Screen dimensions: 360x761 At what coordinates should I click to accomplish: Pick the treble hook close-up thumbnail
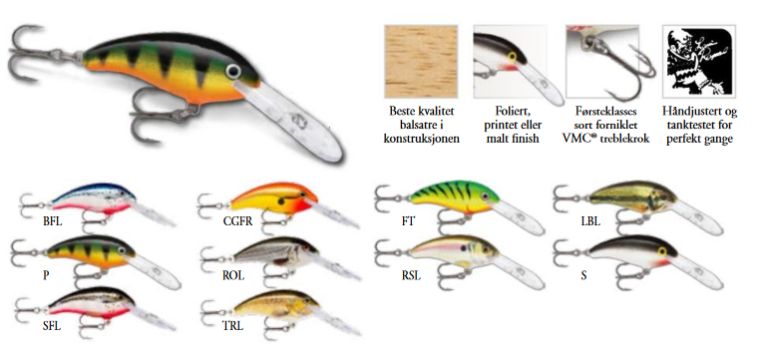[601, 59]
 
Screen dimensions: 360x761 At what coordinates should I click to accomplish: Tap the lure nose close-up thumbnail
[511, 59]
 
